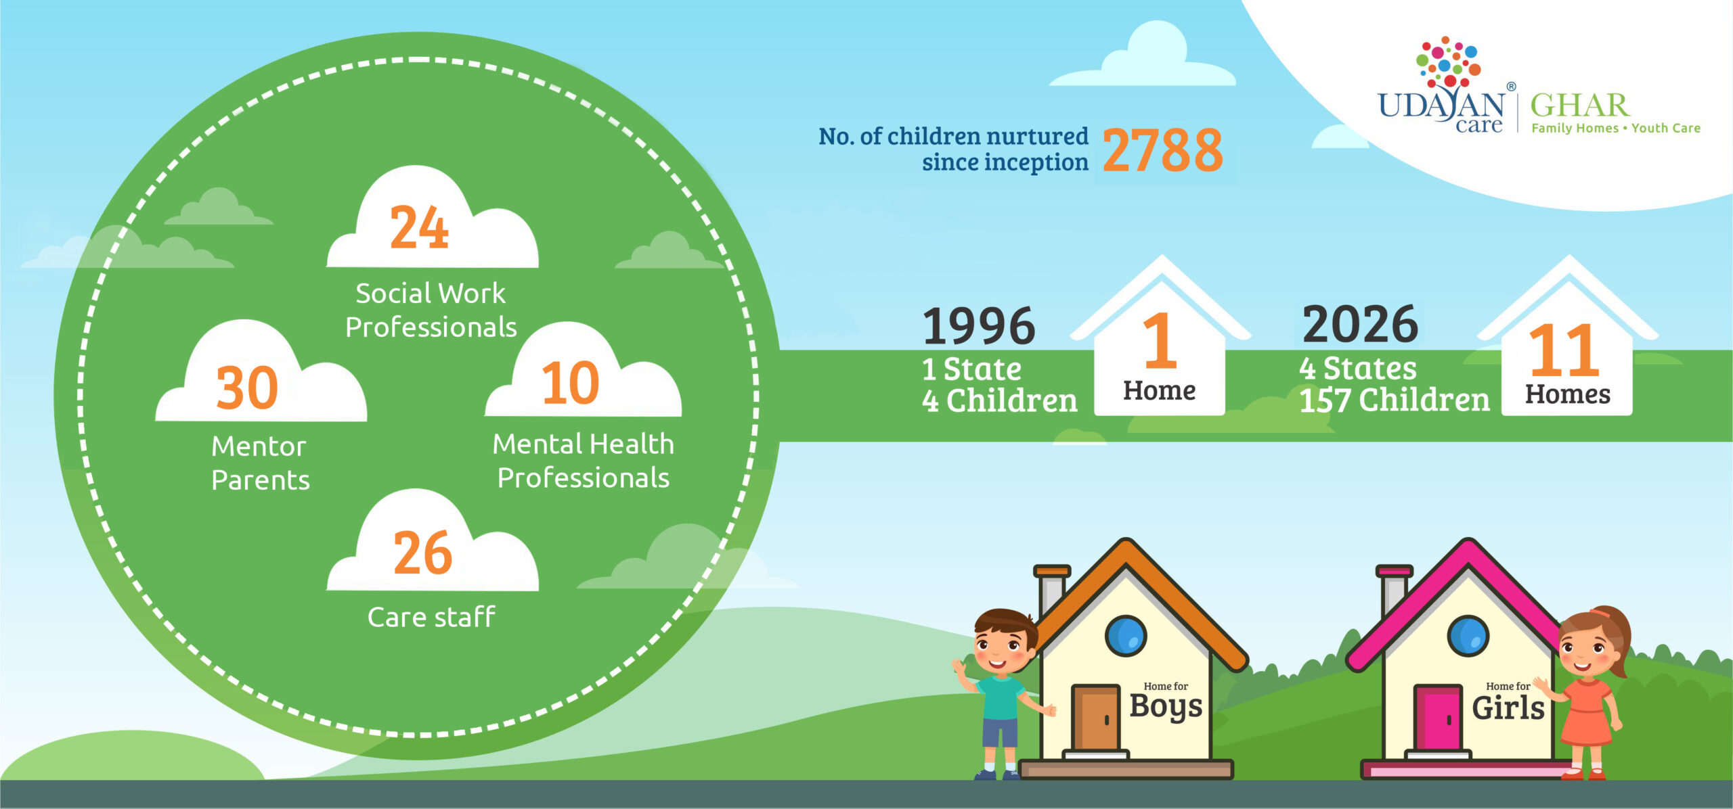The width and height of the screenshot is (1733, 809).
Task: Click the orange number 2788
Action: (1162, 150)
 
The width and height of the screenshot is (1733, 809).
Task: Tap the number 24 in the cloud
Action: (419, 227)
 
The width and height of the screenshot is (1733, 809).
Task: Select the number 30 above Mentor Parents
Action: (247, 388)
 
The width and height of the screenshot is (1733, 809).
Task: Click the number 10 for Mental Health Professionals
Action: (571, 383)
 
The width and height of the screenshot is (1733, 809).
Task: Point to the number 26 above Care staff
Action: (423, 553)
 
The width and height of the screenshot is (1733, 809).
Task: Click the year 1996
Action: (979, 326)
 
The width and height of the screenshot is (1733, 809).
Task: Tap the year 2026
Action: (1360, 324)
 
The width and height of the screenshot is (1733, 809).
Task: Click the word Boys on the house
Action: (1166, 707)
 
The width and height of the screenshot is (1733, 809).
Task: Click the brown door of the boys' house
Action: (1095, 718)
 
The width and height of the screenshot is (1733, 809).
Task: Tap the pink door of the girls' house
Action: (1438, 718)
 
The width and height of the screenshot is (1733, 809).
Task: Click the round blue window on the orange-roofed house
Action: (1126, 636)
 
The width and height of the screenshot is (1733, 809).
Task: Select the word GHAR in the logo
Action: (1580, 106)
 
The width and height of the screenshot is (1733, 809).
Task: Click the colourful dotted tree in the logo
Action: (1448, 62)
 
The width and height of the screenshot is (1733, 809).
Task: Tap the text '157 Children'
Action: (1395, 400)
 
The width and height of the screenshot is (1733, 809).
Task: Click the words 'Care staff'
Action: (431, 617)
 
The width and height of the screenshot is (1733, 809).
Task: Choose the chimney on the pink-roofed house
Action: (1394, 591)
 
